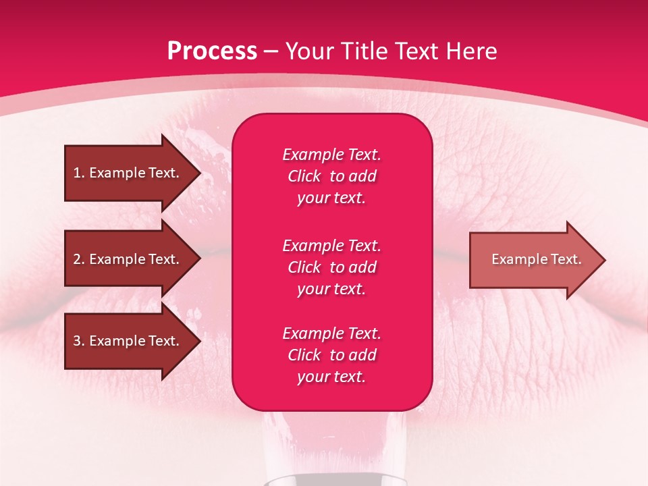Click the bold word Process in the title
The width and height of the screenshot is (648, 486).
[x=211, y=51]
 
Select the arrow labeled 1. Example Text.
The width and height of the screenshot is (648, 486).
[x=126, y=173]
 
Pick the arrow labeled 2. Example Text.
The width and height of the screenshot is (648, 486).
[x=126, y=259]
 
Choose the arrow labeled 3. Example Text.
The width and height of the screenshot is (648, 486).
[x=126, y=341]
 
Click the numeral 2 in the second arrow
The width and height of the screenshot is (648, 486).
[x=77, y=259]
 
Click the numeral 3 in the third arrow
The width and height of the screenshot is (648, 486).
[x=77, y=341]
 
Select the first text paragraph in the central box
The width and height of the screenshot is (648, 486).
[x=331, y=176]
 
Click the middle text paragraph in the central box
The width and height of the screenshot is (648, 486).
[x=331, y=267]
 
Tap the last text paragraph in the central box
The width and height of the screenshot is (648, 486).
[x=331, y=355]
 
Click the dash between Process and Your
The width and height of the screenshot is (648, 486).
[x=271, y=51]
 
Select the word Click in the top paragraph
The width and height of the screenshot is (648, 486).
[x=304, y=176]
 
